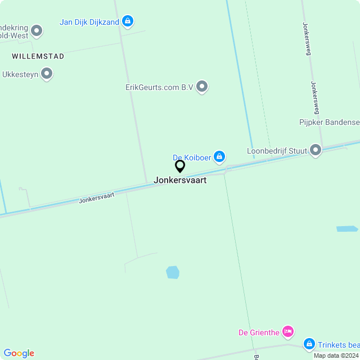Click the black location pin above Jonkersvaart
pyautogui.click(x=180, y=166)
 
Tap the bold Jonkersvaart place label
pyautogui.click(x=180, y=181)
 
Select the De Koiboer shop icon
pyautogui.click(x=220, y=156)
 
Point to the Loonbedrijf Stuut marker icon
pyautogui.click(x=316, y=150)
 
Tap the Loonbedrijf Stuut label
pyautogui.click(x=277, y=151)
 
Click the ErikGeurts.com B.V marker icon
pyautogui.click(x=202, y=87)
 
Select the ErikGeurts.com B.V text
pyautogui.click(x=159, y=87)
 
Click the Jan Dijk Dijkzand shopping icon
pyautogui.click(x=128, y=21)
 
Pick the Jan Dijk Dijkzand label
pyautogui.click(x=89, y=22)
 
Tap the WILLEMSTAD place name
pyautogui.click(x=38, y=56)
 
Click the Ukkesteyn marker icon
pyautogui.click(x=47, y=74)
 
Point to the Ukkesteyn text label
pyautogui.click(x=20, y=74)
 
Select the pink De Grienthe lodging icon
pyautogui.click(x=288, y=331)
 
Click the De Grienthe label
pyautogui.click(x=259, y=332)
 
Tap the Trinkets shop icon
pyautogui.click(x=309, y=344)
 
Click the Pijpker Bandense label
pyautogui.click(x=329, y=122)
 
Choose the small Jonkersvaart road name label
pyautogui.click(x=97, y=197)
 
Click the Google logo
pyautogui.click(x=19, y=353)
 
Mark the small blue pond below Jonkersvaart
pyautogui.click(x=173, y=273)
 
